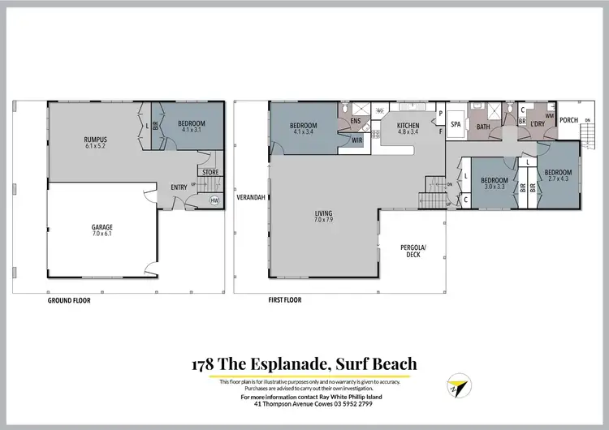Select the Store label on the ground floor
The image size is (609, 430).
(210, 171)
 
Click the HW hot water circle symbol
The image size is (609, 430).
(214, 200)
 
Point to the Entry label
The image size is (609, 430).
(179, 187)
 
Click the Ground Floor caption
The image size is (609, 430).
(69, 300)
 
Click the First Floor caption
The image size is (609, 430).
(285, 300)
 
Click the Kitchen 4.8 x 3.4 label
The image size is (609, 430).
(408, 129)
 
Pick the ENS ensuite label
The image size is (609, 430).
(355, 122)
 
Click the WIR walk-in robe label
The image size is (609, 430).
(356, 140)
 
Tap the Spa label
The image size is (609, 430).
(456, 125)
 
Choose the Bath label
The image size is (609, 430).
(483, 127)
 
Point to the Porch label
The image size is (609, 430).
(569, 120)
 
